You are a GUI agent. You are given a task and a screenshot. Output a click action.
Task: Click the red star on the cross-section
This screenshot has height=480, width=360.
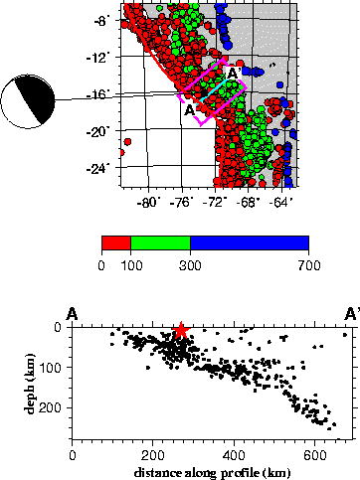pos(181,330)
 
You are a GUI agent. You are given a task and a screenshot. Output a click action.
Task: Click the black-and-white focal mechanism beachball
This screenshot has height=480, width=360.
pos(28,101)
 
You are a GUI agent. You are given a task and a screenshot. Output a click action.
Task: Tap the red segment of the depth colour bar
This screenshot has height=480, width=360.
pos(116,242)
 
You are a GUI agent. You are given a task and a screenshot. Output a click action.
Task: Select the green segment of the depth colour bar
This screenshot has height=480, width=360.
pos(160,242)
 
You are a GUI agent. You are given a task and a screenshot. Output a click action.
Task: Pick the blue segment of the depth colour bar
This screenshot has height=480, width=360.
pos(250,242)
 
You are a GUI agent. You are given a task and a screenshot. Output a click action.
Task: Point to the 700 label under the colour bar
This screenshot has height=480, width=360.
pos(309,265)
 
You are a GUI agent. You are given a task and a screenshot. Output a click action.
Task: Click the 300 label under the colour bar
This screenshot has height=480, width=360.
pos(190,265)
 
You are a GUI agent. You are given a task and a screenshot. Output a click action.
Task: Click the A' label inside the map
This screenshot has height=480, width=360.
pos(234,74)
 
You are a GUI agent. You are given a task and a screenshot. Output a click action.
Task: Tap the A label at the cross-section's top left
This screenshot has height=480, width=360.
pos(73,314)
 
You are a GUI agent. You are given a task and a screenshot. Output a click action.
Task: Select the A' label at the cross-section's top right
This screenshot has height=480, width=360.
pos(352,314)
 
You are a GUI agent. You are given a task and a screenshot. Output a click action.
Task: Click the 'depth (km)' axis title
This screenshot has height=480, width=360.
pos(30,383)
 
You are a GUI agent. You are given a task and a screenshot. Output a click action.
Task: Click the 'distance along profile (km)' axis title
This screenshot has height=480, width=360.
pos(213,473)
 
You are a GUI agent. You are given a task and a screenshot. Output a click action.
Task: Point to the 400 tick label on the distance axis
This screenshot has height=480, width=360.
pos(234,456)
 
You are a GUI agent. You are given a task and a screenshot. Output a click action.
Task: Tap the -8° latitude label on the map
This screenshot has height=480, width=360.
pos(101,21)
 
